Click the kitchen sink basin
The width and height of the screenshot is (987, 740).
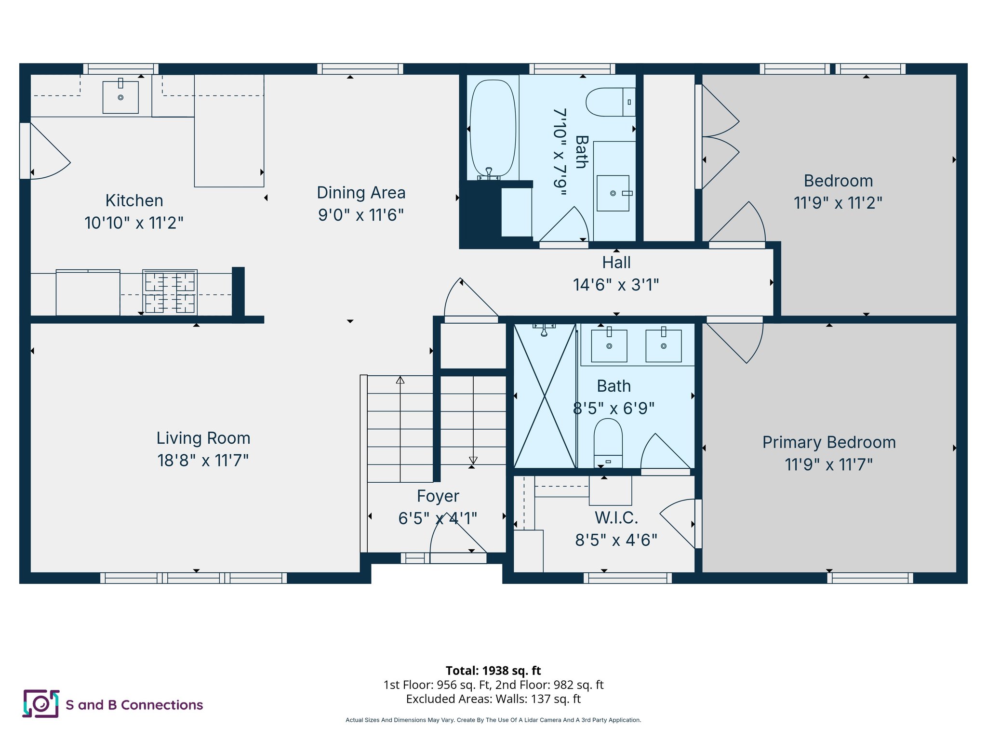(x=120, y=98)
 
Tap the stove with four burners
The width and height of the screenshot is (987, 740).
(x=170, y=292)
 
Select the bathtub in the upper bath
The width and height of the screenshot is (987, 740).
(x=493, y=128)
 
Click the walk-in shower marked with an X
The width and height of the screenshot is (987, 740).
(x=545, y=396)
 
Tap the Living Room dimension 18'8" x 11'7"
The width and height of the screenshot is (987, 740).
(x=203, y=461)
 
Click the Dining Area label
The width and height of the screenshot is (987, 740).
(x=361, y=193)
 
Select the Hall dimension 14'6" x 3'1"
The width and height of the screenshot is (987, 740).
(x=616, y=285)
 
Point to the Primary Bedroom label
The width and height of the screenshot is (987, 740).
(x=829, y=442)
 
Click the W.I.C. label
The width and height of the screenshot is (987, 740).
(x=616, y=518)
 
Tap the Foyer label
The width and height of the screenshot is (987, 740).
(x=438, y=496)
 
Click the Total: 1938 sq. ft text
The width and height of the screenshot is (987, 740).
(x=493, y=671)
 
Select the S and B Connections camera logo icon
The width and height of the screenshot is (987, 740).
(x=41, y=704)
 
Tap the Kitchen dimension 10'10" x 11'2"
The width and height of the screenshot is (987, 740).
(x=134, y=223)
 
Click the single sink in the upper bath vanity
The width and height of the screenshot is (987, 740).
(x=613, y=193)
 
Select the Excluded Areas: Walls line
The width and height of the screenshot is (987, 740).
(x=493, y=699)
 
